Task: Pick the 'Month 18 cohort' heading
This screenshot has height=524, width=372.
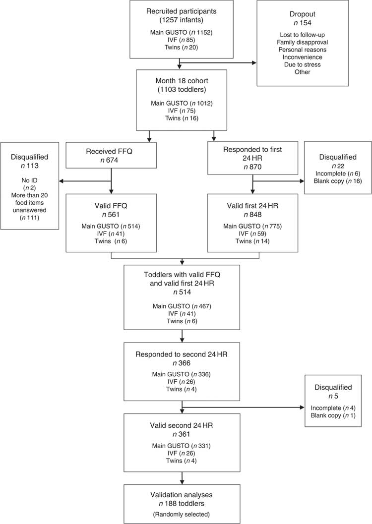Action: coord(182,80)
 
